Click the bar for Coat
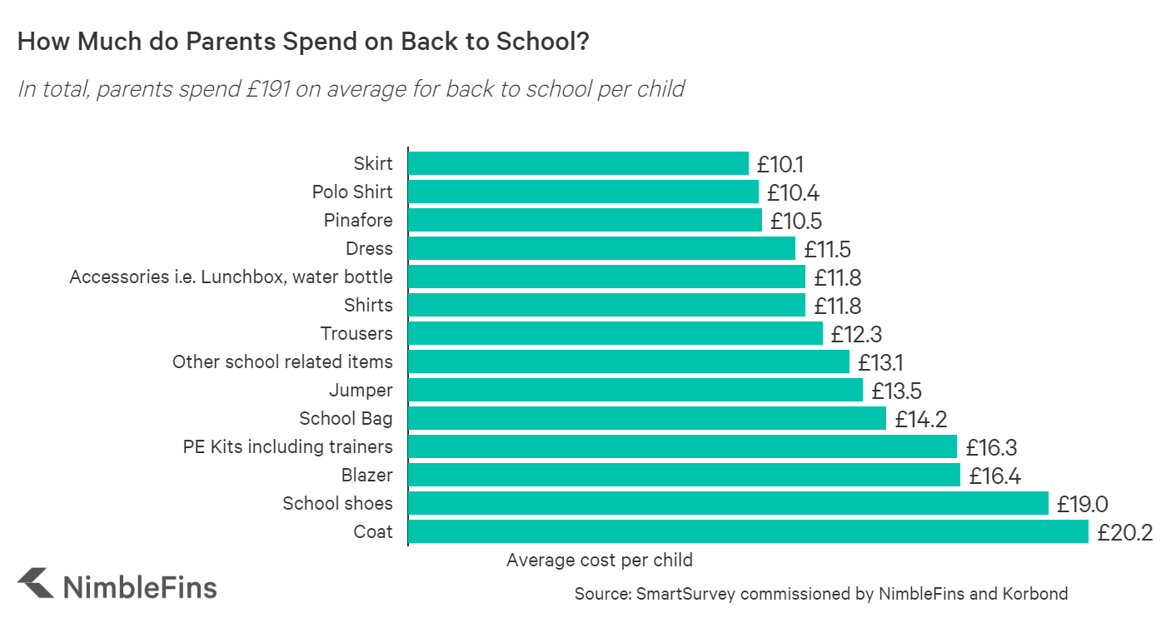pyautogui.click(x=748, y=531)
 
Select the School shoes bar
pyautogui.click(x=728, y=503)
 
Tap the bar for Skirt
pyautogui.click(x=578, y=163)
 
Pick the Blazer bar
pyautogui.click(x=684, y=475)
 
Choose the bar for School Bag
pyautogui.click(x=647, y=418)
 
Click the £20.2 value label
pyautogui.click(x=1124, y=532)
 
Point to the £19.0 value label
pyautogui.click(x=1083, y=504)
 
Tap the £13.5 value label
pyautogui.click(x=896, y=391)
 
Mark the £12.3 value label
pyautogui.click(x=856, y=334)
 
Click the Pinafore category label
pyautogui.click(x=358, y=221)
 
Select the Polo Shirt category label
pyautogui.click(x=352, y=192)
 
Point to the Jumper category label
pyautogui.click(x=361, y=390)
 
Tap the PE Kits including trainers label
pyautogui.click(x=287, y=446)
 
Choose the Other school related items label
pyautogui.click(x=282, y=361)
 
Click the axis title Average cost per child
pyautogui.click(x=600, y=560)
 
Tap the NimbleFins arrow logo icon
pyautogui.click(x=35, y=583)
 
